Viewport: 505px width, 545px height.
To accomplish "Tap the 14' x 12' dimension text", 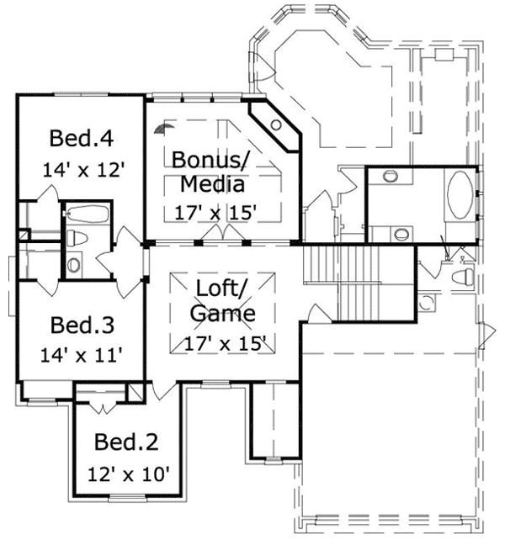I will click(x=83, y=169).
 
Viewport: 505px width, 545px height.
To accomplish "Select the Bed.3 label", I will click(x=82, y=325).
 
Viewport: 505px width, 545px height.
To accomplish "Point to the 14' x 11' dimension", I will click(x=82, y=355).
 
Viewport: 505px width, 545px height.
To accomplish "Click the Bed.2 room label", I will click(x=125, y=442).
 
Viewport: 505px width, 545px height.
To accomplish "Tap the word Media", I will click(x=215, y=183).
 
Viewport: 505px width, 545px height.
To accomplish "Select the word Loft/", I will click(x=221, y=288).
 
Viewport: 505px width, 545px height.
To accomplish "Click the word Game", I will click(x=222, y=314).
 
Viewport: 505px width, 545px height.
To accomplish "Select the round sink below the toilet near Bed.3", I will click(x=74, y=265).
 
